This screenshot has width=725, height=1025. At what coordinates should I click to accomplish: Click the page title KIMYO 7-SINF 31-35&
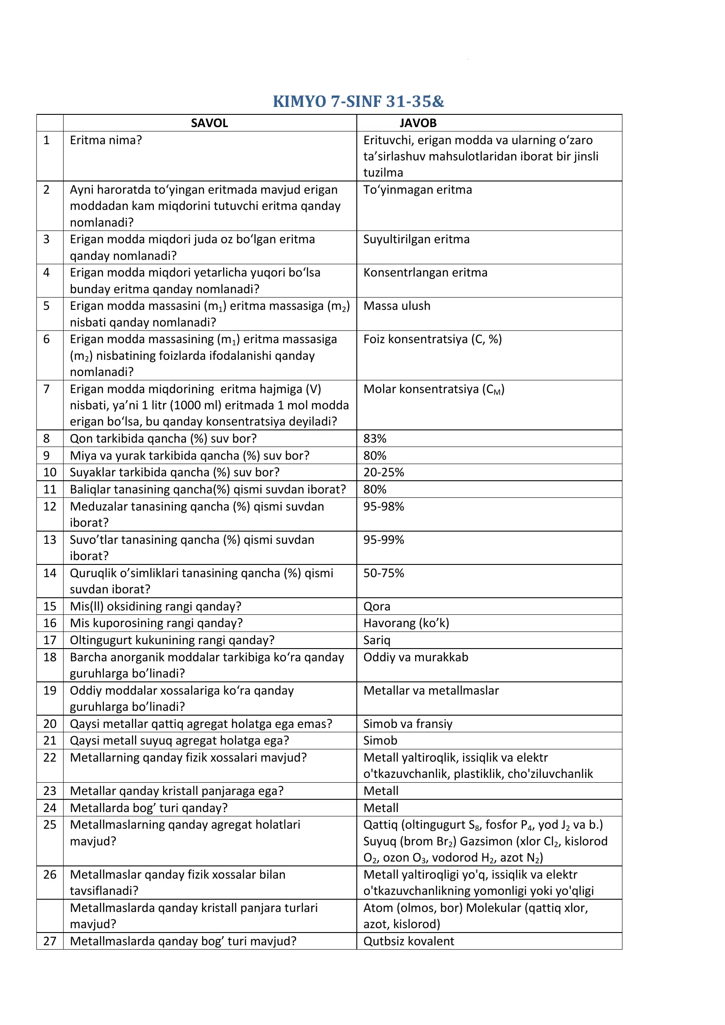359,102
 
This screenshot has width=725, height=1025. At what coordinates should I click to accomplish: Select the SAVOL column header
210,123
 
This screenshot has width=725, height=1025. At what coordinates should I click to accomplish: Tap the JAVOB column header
418,123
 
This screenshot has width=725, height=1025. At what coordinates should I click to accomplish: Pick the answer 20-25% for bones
384,472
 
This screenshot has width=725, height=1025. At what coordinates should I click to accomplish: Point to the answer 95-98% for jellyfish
384,506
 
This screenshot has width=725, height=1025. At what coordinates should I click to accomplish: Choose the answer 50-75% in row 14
384,573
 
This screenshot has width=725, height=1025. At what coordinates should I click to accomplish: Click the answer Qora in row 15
377,606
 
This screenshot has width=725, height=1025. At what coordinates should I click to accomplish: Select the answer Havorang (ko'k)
406,623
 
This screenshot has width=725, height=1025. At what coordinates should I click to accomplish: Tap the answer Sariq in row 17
377,640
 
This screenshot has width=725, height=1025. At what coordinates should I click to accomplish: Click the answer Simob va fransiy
408,724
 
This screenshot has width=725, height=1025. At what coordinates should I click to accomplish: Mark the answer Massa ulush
397,306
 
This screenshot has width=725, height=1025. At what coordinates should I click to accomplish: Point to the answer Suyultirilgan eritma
416,239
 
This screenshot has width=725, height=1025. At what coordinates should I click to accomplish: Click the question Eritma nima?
106,140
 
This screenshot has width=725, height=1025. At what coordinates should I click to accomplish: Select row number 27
50,941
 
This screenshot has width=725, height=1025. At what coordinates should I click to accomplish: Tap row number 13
50,540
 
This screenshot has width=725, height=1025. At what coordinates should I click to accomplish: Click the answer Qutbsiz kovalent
409,941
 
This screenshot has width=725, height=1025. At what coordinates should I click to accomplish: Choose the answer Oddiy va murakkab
416,657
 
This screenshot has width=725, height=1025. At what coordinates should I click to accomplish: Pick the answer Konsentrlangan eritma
425,273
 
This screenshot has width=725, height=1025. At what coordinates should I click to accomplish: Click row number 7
46,389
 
